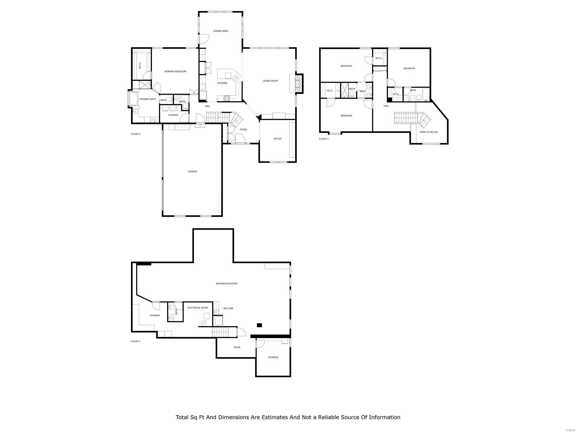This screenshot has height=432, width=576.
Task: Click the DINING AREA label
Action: click(x=220, y=31)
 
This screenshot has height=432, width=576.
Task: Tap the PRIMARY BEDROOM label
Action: click(x=175, y=72)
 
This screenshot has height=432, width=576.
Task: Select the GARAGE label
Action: click(x=192, y=172)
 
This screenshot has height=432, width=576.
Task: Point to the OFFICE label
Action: click(x=277, y=139)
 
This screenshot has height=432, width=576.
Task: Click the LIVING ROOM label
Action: click(x=270, y=81)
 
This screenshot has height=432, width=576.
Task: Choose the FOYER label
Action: click(x=243, y=130)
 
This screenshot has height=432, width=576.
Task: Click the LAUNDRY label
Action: click(x=173, y=115)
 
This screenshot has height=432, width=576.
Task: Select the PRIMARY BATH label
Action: click(x=148, y=99)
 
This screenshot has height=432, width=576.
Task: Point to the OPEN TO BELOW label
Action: click(x=428, y=132)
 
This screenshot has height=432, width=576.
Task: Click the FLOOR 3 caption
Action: click(x=324, y=139)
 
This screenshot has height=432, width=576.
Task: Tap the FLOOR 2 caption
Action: click(x=135, y=134)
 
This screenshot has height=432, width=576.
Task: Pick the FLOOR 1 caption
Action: click(x=135, y=341)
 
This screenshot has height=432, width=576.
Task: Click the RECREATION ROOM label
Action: click(x=226, y=284)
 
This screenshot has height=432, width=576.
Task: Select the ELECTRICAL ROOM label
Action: click(x=198, y=308)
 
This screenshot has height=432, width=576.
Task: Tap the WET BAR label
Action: click(x=228, y=309)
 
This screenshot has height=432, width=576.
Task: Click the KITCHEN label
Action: click(x=222, y=83)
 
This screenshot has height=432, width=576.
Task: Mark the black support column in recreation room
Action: click(x=259, y=325)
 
